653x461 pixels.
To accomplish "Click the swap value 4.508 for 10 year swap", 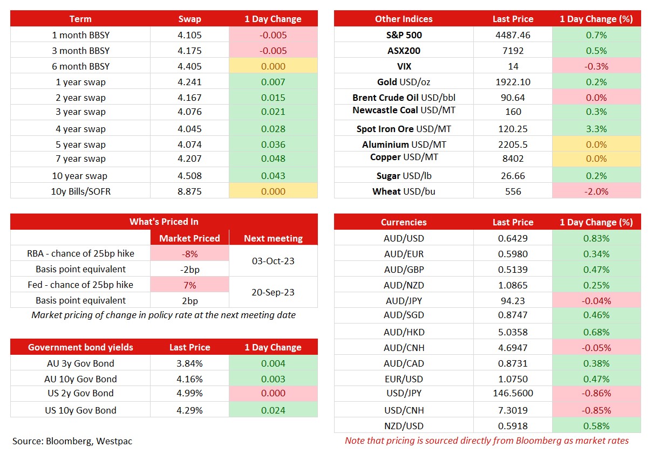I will click(x=189, y=176).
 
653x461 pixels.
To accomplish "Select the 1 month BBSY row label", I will click(x=80, y=35).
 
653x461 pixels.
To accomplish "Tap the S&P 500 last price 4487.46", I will click(x=513, y=35).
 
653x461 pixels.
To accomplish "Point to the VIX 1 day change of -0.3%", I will click(x=596, y=66).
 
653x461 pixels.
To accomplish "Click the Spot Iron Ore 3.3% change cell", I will click(x=596, y=129).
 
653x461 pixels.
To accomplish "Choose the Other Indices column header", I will click(x=404, y=19).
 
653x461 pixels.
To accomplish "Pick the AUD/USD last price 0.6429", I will click(x=513, y=238).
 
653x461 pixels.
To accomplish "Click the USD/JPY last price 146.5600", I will click(x=513, y=394).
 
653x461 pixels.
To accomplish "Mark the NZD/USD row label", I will click(x=404, y=425).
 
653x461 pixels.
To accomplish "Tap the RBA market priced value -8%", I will click(x=189, y=254).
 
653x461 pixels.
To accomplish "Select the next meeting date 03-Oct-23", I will click(x=273, y=261).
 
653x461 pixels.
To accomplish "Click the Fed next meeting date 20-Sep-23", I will click(x=273, y=292).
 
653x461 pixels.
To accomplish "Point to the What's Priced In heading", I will click(x=164, y=222).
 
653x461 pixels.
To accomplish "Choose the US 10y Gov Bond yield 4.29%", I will click(x=189, y=410).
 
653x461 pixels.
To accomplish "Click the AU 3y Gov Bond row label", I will click(x=80, y=363).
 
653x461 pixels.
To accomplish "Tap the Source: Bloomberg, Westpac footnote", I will click(x=72, y=441).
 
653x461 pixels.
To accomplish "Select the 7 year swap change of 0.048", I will click(x=273, y=159).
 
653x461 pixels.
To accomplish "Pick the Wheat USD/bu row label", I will click(x=404, y=191).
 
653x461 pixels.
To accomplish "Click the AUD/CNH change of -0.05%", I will click(x=596, y=348).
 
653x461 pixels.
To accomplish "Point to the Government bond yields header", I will click(x=80, y=347).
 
